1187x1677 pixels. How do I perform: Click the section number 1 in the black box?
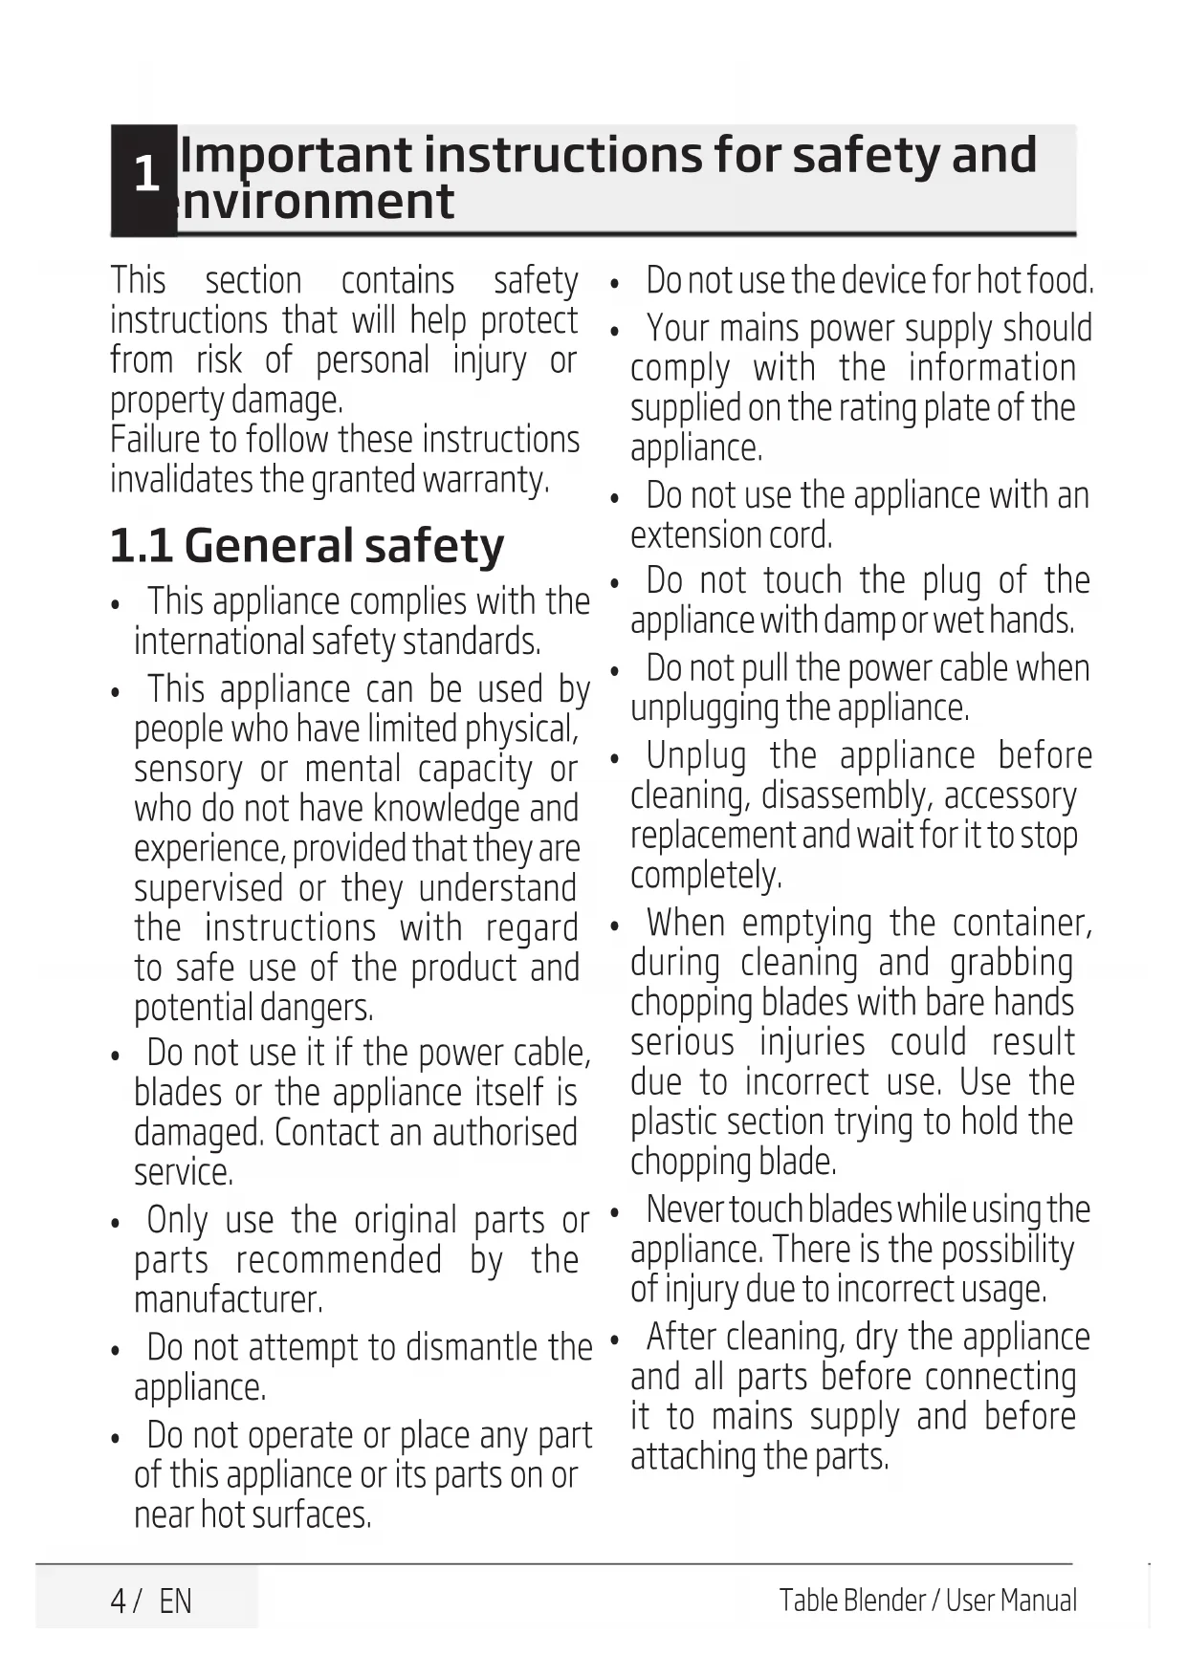tap(145, 175)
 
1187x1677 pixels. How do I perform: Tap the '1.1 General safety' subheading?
tap(306, 546)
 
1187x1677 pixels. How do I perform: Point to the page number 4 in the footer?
tap(119, 1601)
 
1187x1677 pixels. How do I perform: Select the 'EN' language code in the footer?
tap(175, 1601)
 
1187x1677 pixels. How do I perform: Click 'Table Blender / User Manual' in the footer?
tap(927, 1601)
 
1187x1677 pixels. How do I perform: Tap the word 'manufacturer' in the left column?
tap(228, 1300)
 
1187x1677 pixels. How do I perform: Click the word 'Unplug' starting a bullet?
tap(696, 756)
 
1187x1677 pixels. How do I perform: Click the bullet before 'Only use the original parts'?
tap(116, 1224)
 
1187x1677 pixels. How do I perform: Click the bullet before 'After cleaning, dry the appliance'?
tap(615, 1339)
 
